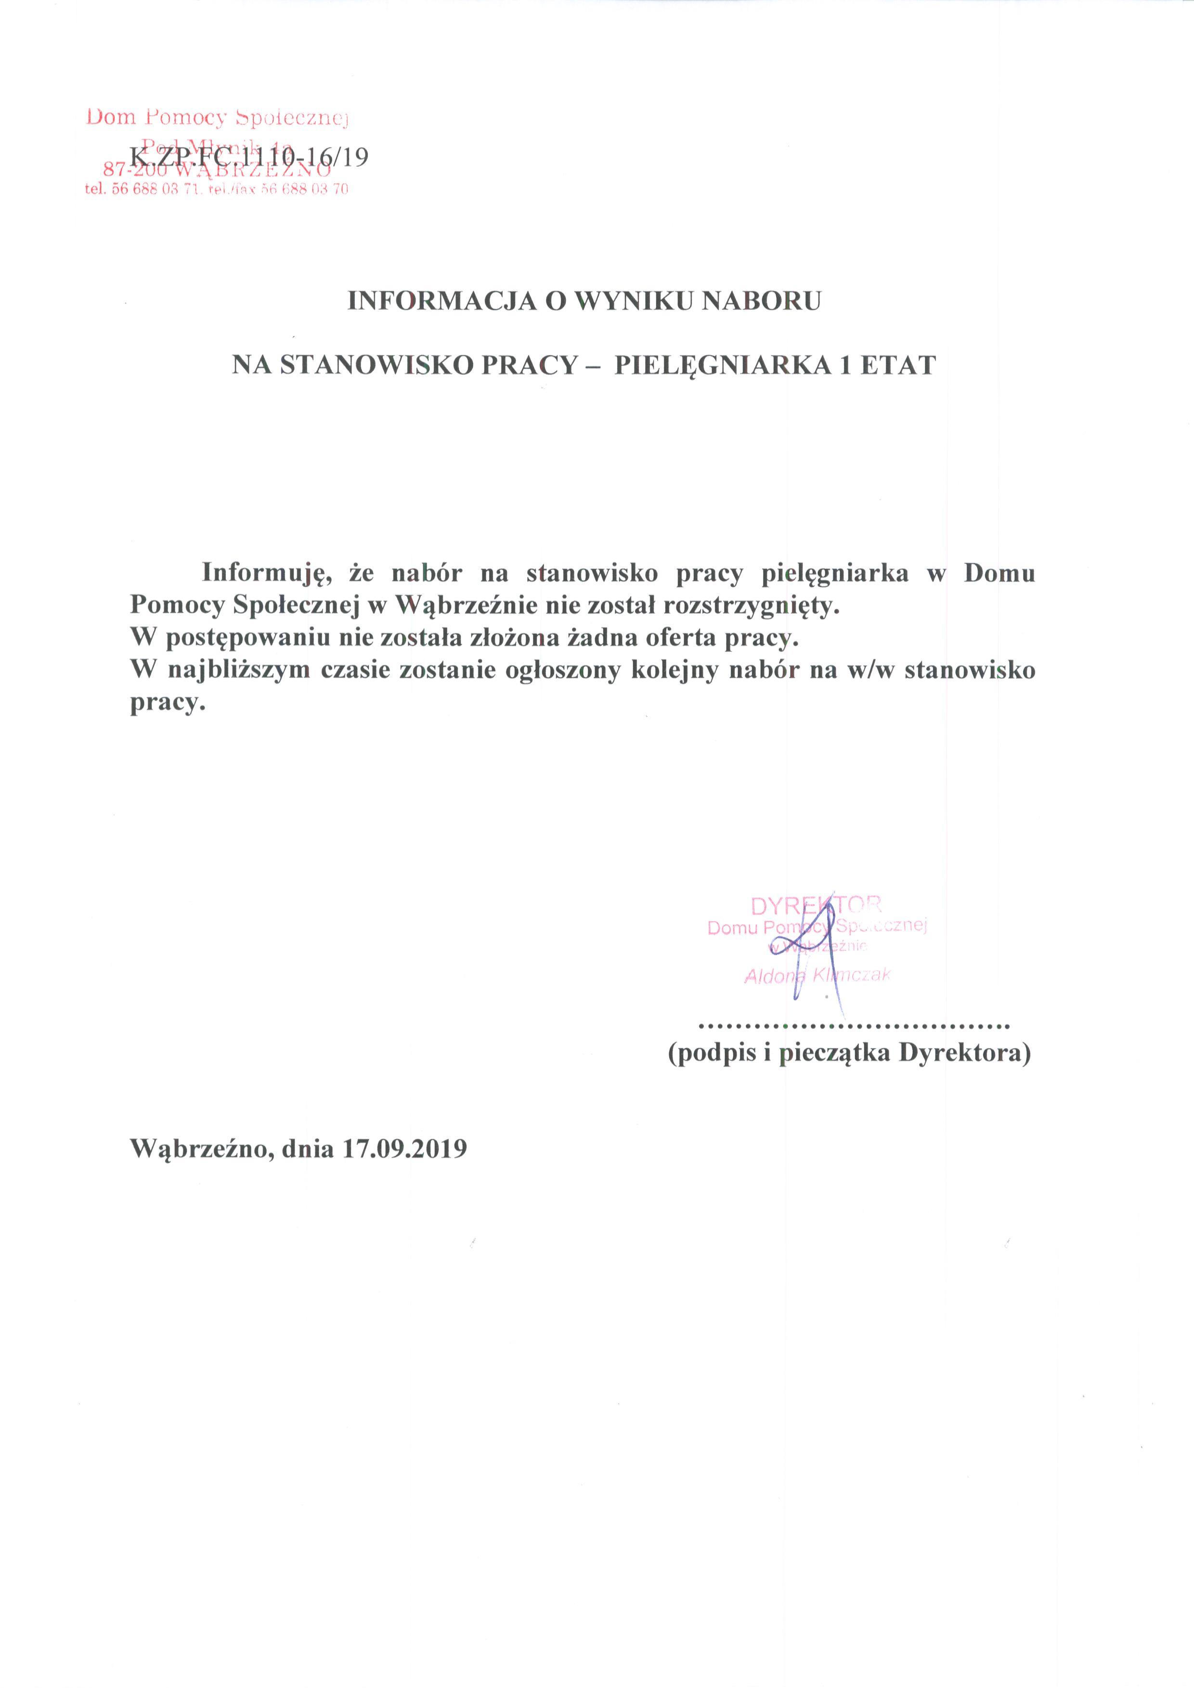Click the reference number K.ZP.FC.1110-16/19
click(x=248, y=158)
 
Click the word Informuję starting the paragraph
click(x=264, y=573)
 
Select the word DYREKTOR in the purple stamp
click(x=816, y=905)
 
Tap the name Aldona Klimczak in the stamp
click(x=818, y=976)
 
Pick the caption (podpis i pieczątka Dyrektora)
click(x=849, y=1054)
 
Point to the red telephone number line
click(x=217, y=189)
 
